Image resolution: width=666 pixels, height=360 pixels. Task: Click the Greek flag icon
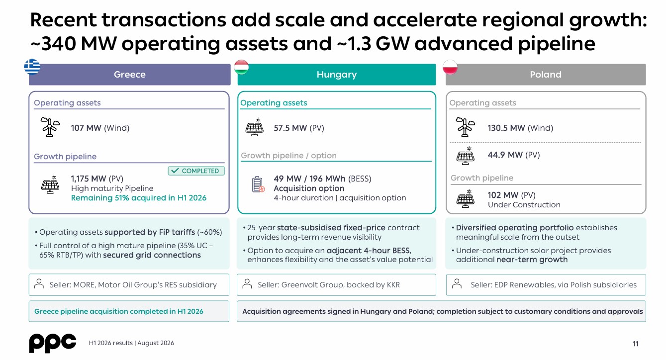point(32,67)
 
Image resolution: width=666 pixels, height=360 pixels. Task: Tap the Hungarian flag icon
point(241,67)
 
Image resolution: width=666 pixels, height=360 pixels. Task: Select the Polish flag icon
point(450,67)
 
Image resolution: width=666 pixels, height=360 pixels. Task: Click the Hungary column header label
point(337,74)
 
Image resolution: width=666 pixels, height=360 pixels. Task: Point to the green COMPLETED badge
point(196,171)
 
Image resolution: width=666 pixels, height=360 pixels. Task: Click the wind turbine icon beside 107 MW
point(50,127)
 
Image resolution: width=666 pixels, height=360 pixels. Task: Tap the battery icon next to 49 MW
point(258,184)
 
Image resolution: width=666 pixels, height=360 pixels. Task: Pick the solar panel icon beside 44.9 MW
point(466,156)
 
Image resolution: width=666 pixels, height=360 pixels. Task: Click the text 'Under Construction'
point(524,204)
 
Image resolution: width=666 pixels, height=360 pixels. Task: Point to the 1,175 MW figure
point(89,179)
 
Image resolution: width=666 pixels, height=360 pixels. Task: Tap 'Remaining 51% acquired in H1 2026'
point(139,198)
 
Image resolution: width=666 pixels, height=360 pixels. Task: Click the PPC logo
point(53,343)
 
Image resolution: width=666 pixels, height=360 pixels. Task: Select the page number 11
point(635,344)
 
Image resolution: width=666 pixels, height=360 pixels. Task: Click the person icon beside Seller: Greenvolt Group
point(247,284)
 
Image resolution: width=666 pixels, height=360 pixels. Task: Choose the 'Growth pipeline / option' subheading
point(288,156)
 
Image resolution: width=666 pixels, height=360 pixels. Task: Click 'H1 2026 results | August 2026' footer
point(131,343)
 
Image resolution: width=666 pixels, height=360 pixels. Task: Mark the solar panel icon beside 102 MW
point(466,198)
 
